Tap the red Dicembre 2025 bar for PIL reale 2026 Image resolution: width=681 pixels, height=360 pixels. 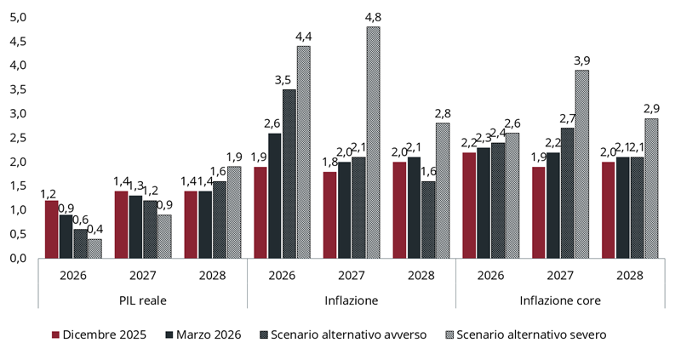[x=52, y=229]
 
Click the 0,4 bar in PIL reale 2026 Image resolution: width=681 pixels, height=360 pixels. [x=94, y=248]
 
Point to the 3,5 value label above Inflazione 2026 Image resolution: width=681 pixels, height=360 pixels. [x=289, y=79]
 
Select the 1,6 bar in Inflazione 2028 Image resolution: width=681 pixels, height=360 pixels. [x=428, y=220]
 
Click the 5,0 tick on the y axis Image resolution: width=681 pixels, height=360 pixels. [x=20, y=17]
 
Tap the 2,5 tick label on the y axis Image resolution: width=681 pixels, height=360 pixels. [x=20, y=138]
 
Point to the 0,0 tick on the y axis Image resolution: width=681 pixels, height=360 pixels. [x=20, y=258]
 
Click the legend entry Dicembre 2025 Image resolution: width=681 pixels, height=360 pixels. [x=100, y=334]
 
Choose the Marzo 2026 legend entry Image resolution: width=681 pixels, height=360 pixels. [x=201, y=334]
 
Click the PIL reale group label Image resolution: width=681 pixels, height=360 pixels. [x=142, y=300]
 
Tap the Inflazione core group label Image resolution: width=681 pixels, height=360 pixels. [x=560, y=300]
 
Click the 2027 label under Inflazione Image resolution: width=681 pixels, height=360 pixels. [x=351, y=276]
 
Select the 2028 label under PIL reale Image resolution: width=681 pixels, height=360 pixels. [x=212, y=276]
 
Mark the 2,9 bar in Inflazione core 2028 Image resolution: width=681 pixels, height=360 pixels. [x=651, y=188]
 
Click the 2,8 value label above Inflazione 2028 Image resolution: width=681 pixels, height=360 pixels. [x=443, y=113]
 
